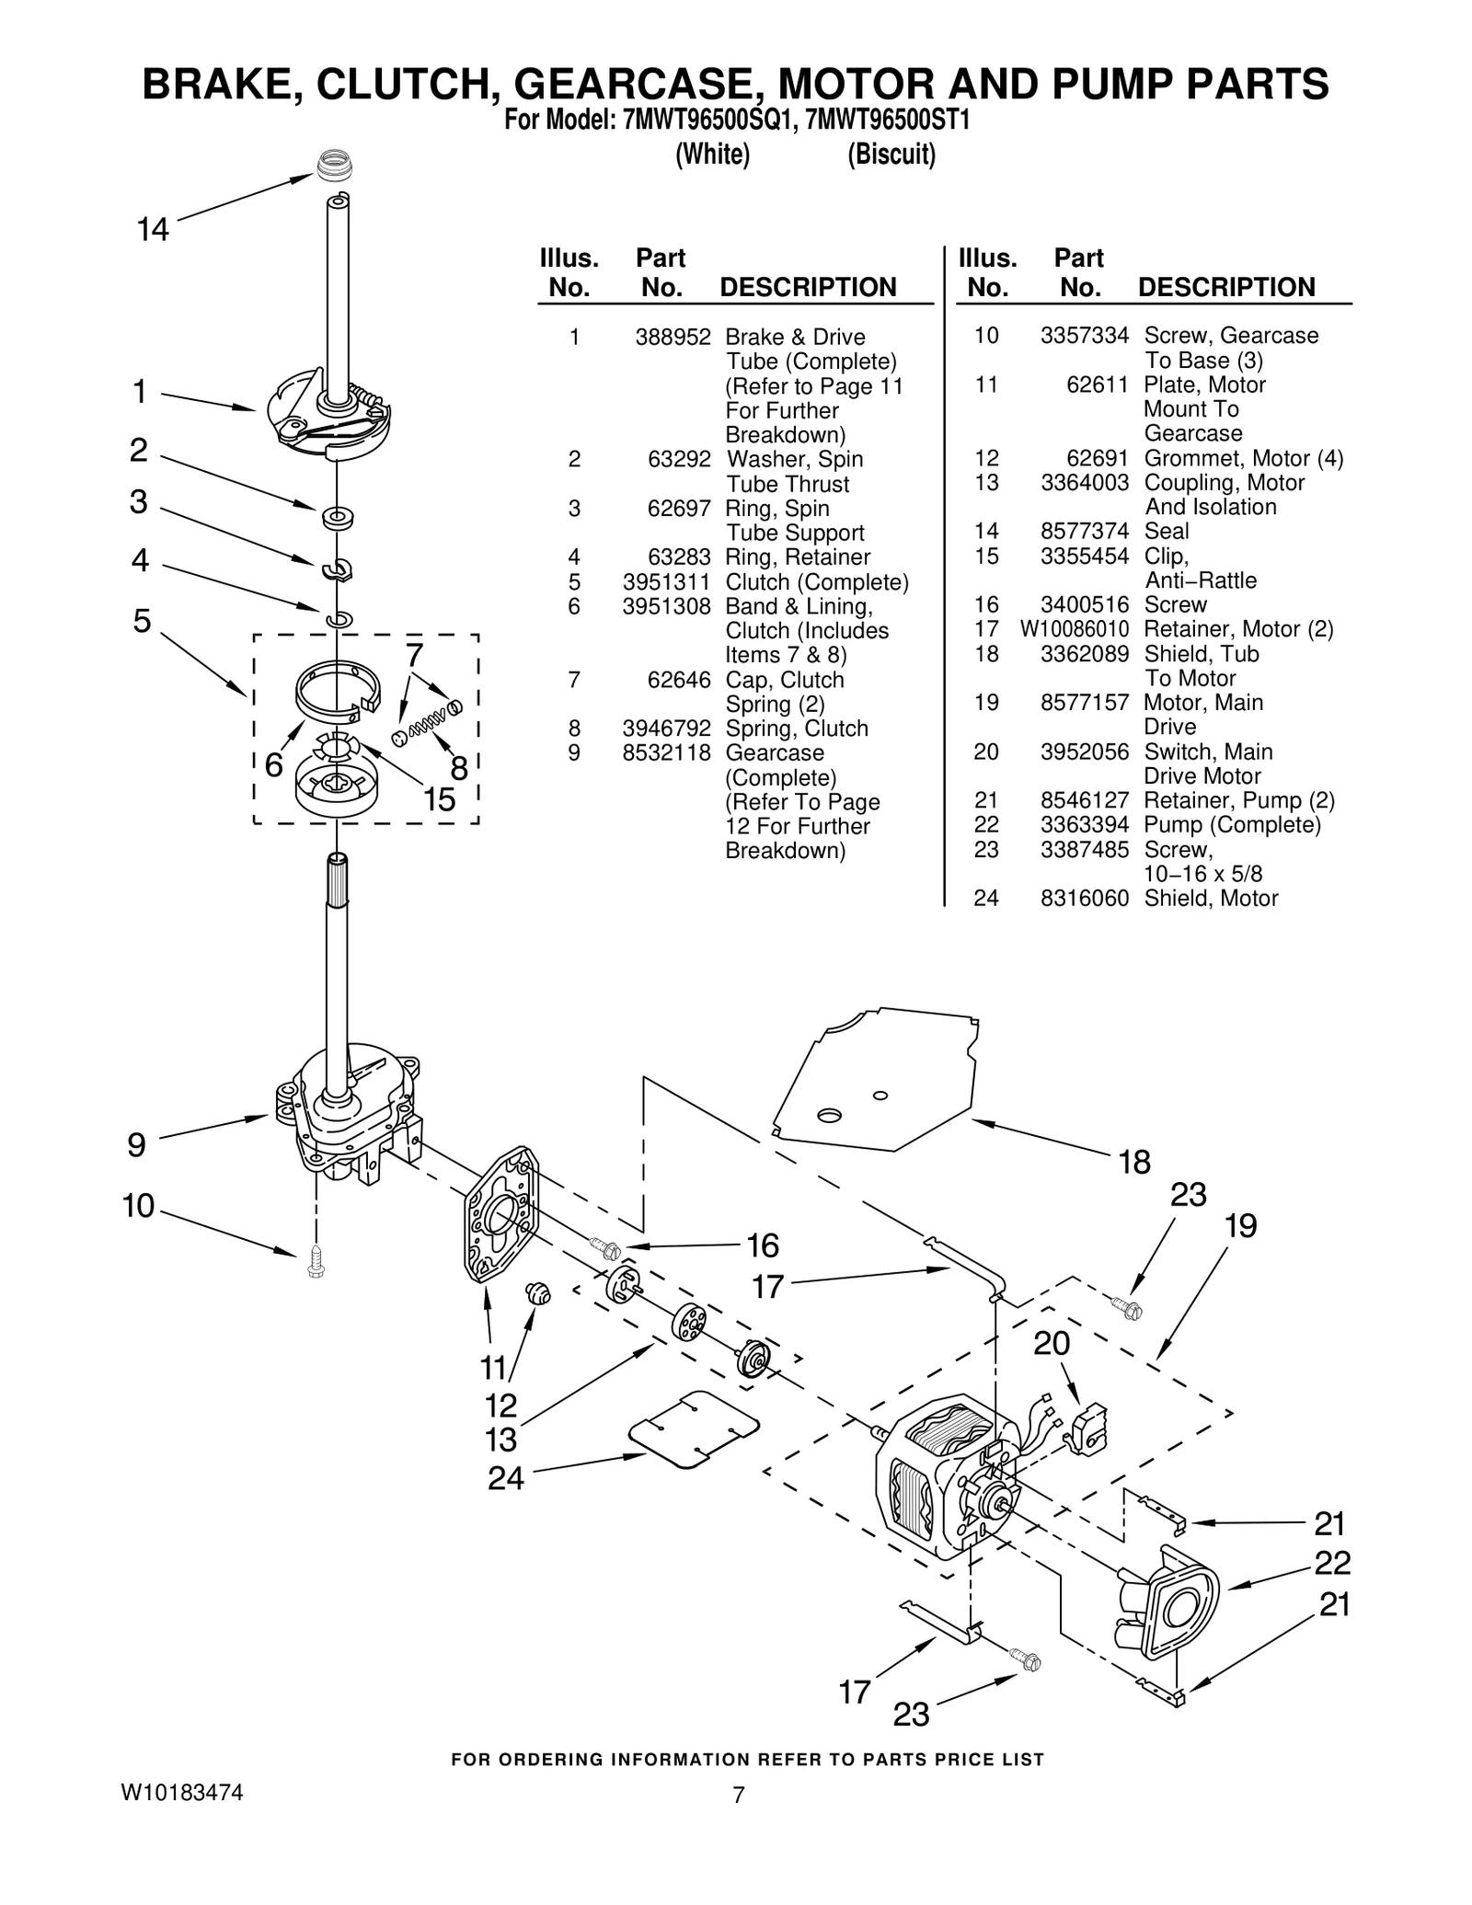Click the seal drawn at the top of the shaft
tap(335, 167)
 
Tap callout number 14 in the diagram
tap(153, 229)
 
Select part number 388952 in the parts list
tap(673, 338)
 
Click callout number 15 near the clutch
tap(439, 799)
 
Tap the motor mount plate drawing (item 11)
tap(501, 1214)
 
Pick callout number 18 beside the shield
tap(1134, 1163)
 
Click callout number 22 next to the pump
tap(1331, 1562)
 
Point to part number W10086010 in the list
tap(1073, 630)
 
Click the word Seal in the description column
tap(1166, 532)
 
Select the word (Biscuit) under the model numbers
tap(891, 155)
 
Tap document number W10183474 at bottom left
tap(182, 1792)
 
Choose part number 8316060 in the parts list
tap(1084, 899)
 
